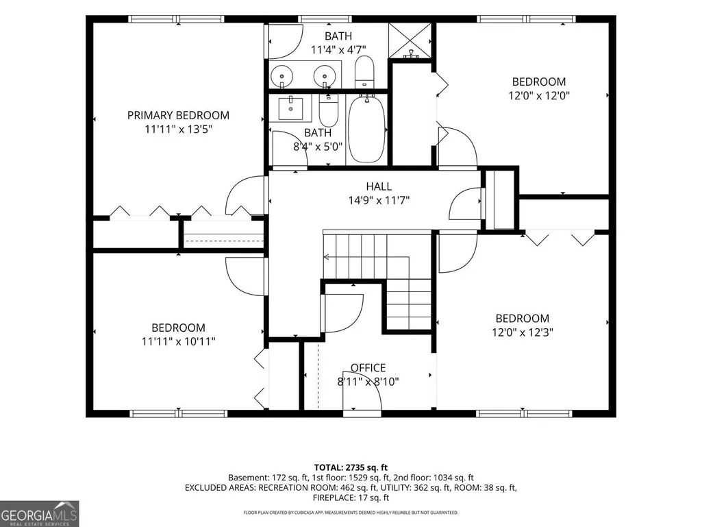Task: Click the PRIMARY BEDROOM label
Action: click(178, 115)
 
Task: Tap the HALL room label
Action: click(379, 186)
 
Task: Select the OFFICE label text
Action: click(368, 367)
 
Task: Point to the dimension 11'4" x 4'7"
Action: click(338, 49)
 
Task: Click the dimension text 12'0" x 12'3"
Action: click(523, 332)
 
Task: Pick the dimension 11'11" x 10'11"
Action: click(179, 341)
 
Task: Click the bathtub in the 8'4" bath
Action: click(366, 129)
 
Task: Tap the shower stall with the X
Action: click(410, 40)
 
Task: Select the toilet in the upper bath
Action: click(364, 72)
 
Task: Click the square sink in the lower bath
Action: click(290, 108)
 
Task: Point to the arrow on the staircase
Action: click(366, 257)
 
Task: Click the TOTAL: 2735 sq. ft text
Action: click(351, 467)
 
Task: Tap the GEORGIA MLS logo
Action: click(40, 513)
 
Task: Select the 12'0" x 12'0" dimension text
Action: click(539, 95)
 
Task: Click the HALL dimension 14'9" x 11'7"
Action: click(379, 200)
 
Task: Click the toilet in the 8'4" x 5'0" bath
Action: click(328, 110)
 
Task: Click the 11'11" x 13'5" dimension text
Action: click(178, 129)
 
